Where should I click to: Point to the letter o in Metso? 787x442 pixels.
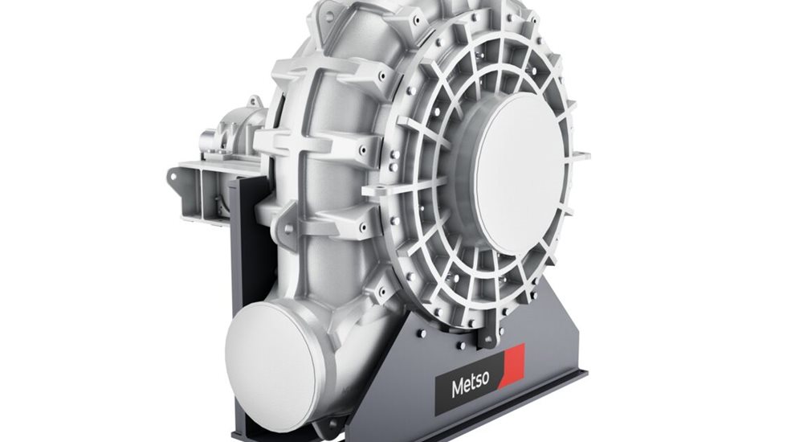[x=487, y=385]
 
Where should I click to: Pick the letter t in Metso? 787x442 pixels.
[x=472, y=387]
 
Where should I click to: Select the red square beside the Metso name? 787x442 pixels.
[x=512, y=366]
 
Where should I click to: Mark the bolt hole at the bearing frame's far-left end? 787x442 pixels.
[x=174, y=174]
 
